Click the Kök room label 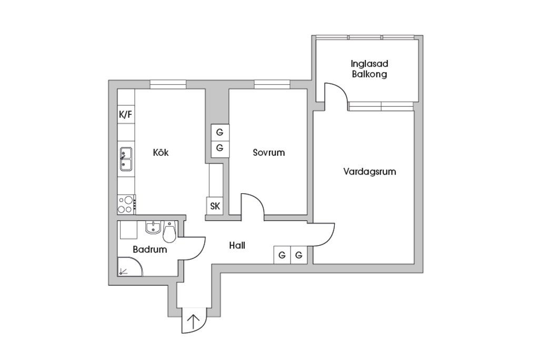click(161, 152)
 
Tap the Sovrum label click(269, 152)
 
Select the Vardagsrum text click(370, 172)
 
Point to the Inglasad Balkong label click(370, 69)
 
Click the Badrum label click(150, 249)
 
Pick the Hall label click(237, 245)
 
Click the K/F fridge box click(126, 115)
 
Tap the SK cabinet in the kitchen click(215, 206)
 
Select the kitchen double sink click(126, 159)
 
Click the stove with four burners click(126, 204)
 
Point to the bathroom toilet click(169, 232)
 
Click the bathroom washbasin click(153, 227)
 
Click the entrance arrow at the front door click(194, 323)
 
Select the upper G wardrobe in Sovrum click(219, 132)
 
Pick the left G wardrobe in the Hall click(282, 255)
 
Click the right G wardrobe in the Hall click(299, 255)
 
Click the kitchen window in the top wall click(168, 84)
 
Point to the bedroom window click(272, 84)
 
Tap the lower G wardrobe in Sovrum click(219, 148)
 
